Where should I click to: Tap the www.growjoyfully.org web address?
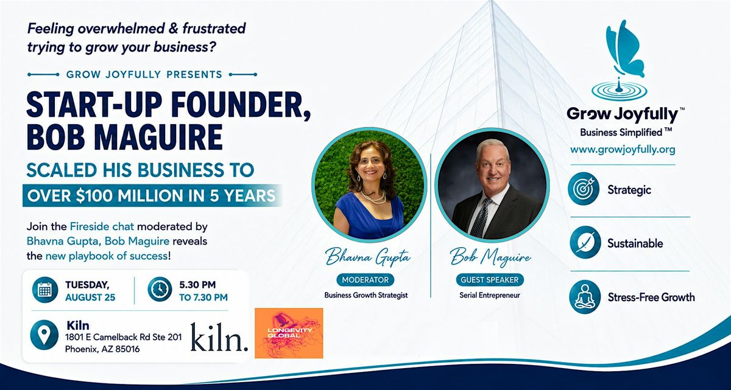(623, 150)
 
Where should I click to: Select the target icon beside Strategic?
(584, 189)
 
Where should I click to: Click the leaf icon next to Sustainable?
(585, 243)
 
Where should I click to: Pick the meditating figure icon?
(585, 297)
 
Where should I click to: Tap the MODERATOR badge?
(365, 280)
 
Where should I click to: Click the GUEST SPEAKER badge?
(490, 280)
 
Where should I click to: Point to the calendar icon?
(45, 290)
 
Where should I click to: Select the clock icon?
(160, 289)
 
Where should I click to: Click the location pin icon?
(44, 335)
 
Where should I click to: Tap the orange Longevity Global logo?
(289, 333)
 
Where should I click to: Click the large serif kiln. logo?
(219, 337)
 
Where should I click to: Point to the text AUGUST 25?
(90, 298)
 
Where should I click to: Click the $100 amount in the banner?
(94, 196)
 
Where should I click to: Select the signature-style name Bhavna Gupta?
(368, 258)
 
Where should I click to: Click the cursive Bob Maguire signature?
(490, 258)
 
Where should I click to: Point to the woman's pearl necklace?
(373, 197)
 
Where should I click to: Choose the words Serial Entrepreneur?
(490, 295)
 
